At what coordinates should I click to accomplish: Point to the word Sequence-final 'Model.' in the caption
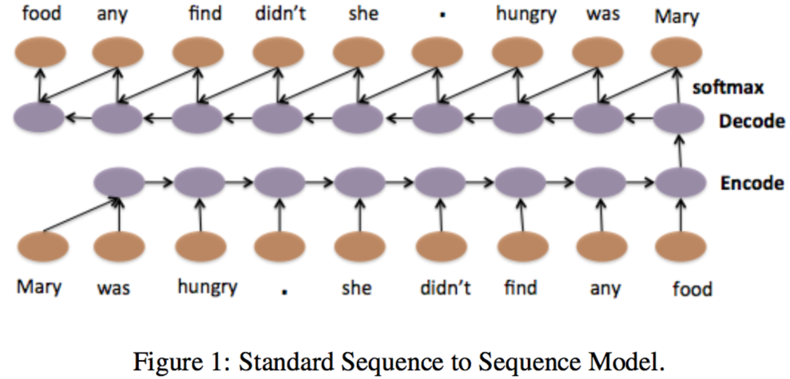(x=635, y=361)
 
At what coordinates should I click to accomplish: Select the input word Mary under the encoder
(x=39, y=286)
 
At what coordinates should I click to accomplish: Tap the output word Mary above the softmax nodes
(x=676, y=15)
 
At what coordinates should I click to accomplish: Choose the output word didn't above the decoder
(x=279, y=14)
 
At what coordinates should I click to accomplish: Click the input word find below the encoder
(x=520, y=286)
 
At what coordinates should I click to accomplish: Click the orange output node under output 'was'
(x=598, y=55)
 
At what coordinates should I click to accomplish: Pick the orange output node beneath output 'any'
(x=117, y=55)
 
